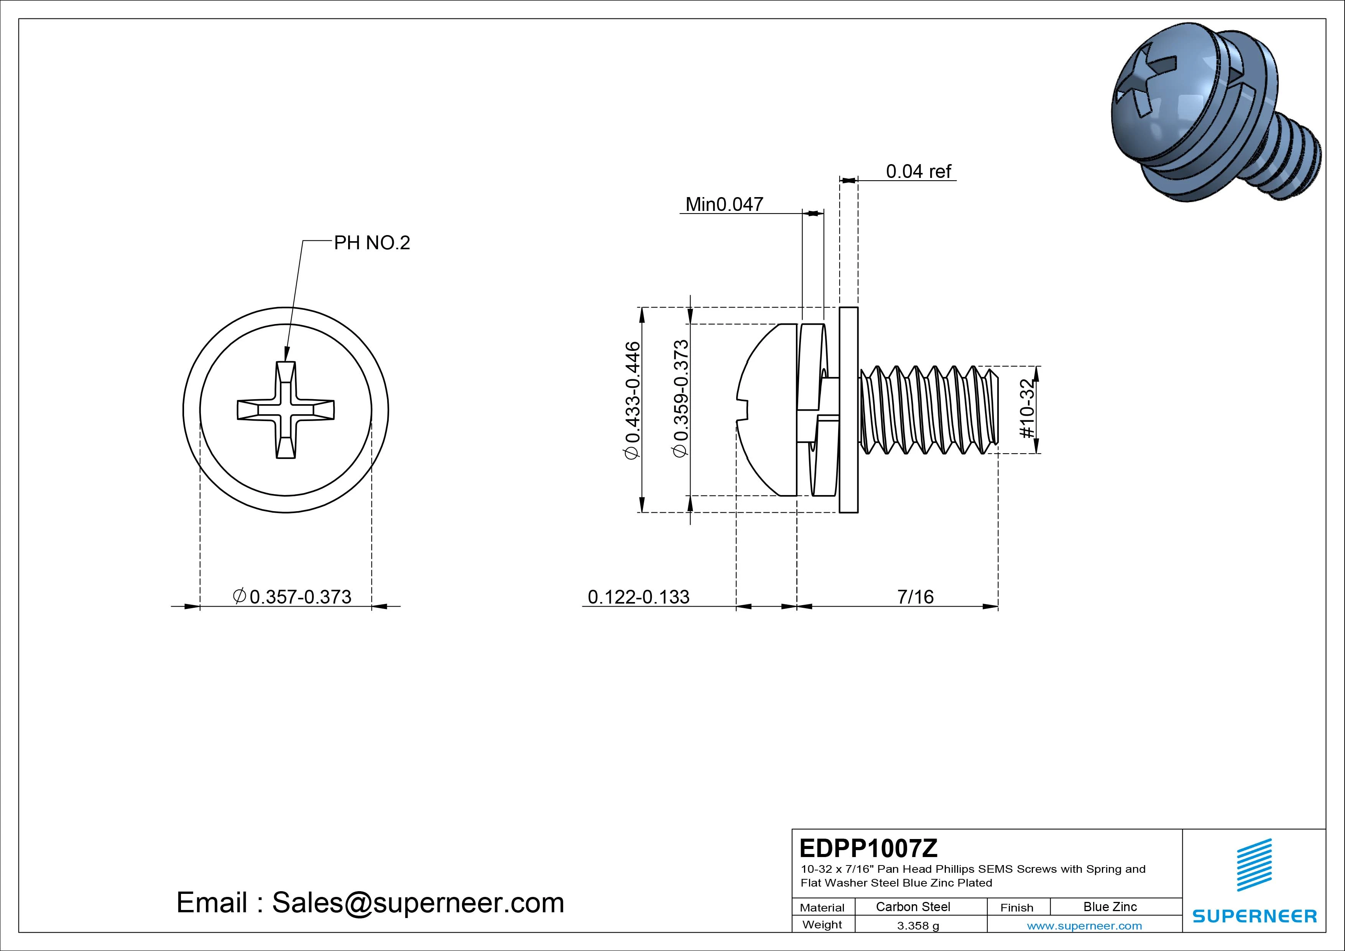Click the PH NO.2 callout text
[372, 243]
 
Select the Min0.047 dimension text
[724, 204]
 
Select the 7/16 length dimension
[915, 597]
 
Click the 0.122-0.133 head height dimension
[638, 597]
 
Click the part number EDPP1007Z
[868, 848]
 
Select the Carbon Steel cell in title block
[913, 907]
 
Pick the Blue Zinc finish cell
[1110, 907]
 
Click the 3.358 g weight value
[917, 926]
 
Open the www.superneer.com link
[1084, 926]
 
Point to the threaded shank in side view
[929, 410]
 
